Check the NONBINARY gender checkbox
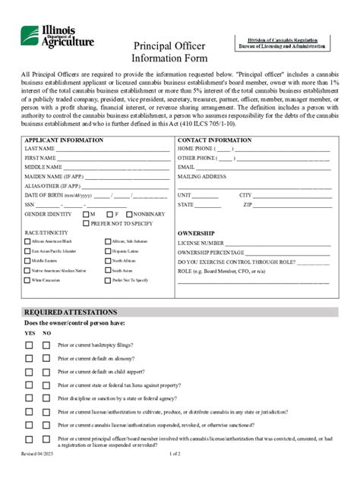129,215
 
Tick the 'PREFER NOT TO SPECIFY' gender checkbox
86,224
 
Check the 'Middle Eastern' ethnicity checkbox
27,260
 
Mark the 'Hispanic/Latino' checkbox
107,250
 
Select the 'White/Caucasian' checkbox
27,280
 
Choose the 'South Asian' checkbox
107,270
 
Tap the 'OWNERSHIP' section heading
196,233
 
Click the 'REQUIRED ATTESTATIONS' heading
70,313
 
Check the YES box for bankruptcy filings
29,344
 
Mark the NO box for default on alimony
47,358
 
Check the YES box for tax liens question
29,385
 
